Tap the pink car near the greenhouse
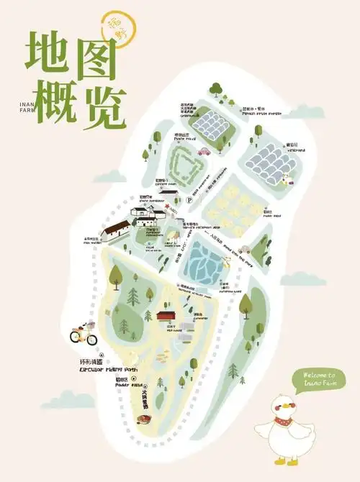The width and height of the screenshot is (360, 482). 204,151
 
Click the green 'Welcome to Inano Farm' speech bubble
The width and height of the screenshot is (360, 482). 320,378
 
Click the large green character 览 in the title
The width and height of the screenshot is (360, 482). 104,108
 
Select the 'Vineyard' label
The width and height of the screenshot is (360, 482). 296,149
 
